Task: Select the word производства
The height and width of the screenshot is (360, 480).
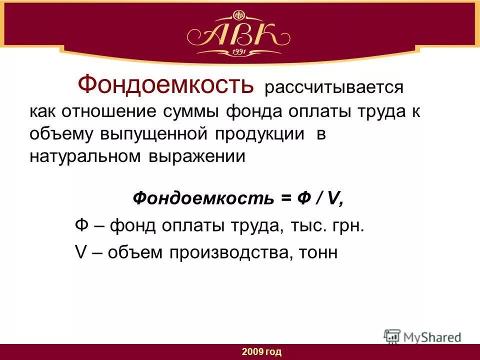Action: [x=227, y=252]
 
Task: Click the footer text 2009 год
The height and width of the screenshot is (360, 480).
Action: [x=261, y=352]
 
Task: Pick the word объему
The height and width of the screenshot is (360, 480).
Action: [x=63, y=134]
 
